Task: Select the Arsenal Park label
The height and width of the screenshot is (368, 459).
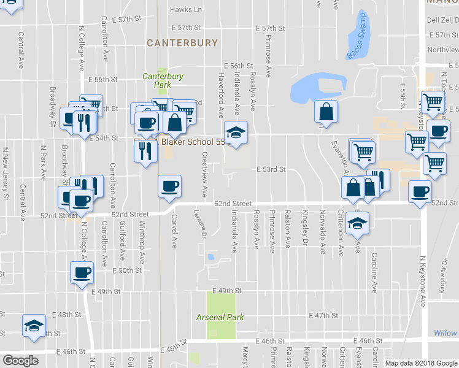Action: [220, 317]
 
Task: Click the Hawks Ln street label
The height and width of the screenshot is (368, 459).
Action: [185, 10]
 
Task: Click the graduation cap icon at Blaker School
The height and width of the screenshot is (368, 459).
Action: [234, 133]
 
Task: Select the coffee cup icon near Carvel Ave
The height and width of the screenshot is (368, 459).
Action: [169, 186]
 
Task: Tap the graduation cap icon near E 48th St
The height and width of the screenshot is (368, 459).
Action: [34, 325]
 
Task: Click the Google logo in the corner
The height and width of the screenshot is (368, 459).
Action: [20, 361]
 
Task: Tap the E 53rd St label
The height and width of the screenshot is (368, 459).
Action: [271, 169]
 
